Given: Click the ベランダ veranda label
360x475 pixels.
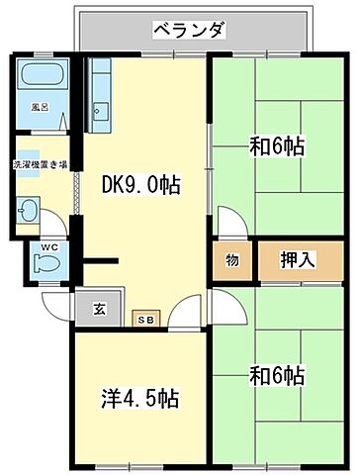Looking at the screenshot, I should click(191, 31).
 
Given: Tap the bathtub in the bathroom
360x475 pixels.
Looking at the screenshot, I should click(40, 75).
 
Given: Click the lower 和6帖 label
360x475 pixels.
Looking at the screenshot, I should click(276, 376).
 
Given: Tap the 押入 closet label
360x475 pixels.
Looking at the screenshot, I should click(298, 261).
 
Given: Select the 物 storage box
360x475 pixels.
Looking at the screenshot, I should click(231, 261).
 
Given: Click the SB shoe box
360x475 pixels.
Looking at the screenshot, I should click(145, 319).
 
